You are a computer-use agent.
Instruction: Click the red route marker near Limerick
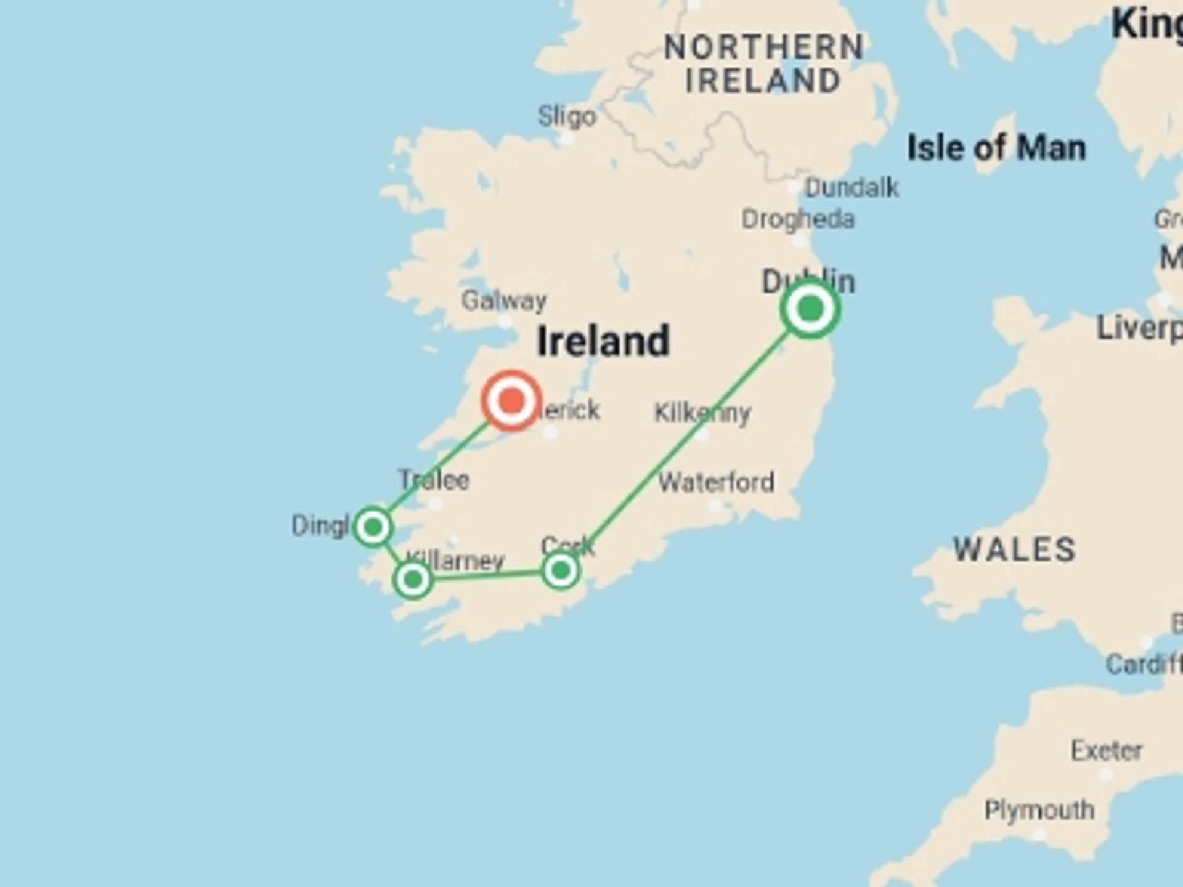511,401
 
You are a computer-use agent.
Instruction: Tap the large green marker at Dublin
810,308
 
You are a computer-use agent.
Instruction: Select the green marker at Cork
560,571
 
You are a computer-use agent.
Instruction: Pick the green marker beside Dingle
373,527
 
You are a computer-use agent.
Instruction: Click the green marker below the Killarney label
413,579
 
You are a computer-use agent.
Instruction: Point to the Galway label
504,301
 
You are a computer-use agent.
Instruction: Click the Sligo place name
567,116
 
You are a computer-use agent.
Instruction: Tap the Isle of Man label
996,148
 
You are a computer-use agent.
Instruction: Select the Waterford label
716,482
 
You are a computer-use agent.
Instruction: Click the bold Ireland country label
603,341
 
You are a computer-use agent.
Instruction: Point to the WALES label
1014,549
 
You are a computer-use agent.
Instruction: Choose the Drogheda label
798,219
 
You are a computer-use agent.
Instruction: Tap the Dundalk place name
852,188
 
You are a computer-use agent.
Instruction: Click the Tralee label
434,480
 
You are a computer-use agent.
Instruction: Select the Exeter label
1107,751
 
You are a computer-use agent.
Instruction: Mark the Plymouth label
1039,810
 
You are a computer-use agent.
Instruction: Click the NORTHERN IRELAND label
763,64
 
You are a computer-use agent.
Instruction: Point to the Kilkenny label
702,413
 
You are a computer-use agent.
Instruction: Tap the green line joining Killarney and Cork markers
487,575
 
